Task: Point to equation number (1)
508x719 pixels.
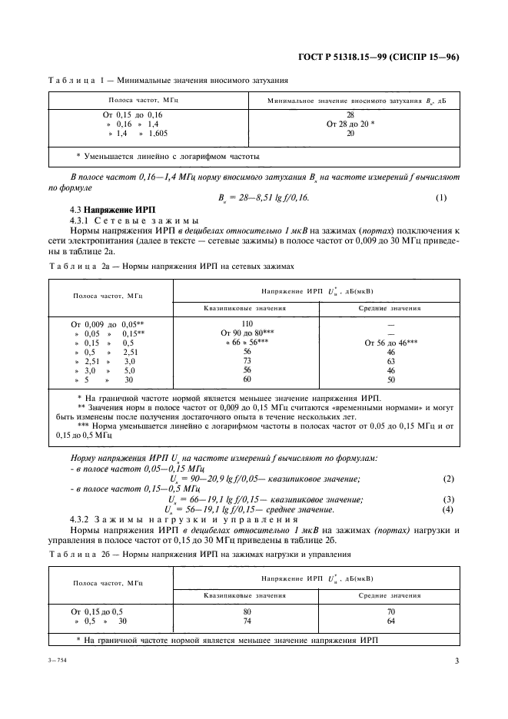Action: coord(440,197)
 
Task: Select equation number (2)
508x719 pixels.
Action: coord(448,479)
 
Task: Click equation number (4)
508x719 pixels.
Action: coord(448,509)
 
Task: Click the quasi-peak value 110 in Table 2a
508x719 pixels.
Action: coord(247,323)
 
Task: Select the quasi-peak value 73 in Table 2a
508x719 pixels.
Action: coord(247,360)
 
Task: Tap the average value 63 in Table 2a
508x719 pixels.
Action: coord(391,360)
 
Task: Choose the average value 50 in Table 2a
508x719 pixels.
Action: coord(391,379)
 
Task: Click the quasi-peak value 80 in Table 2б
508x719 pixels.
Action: coord(247,611)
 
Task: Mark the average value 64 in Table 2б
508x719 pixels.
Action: coord(391,620)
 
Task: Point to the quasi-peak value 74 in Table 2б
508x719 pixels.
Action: coord(247,620)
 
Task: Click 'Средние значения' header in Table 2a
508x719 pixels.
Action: coord(391,307)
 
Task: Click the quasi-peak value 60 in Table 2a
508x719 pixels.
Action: coord(247,379)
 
